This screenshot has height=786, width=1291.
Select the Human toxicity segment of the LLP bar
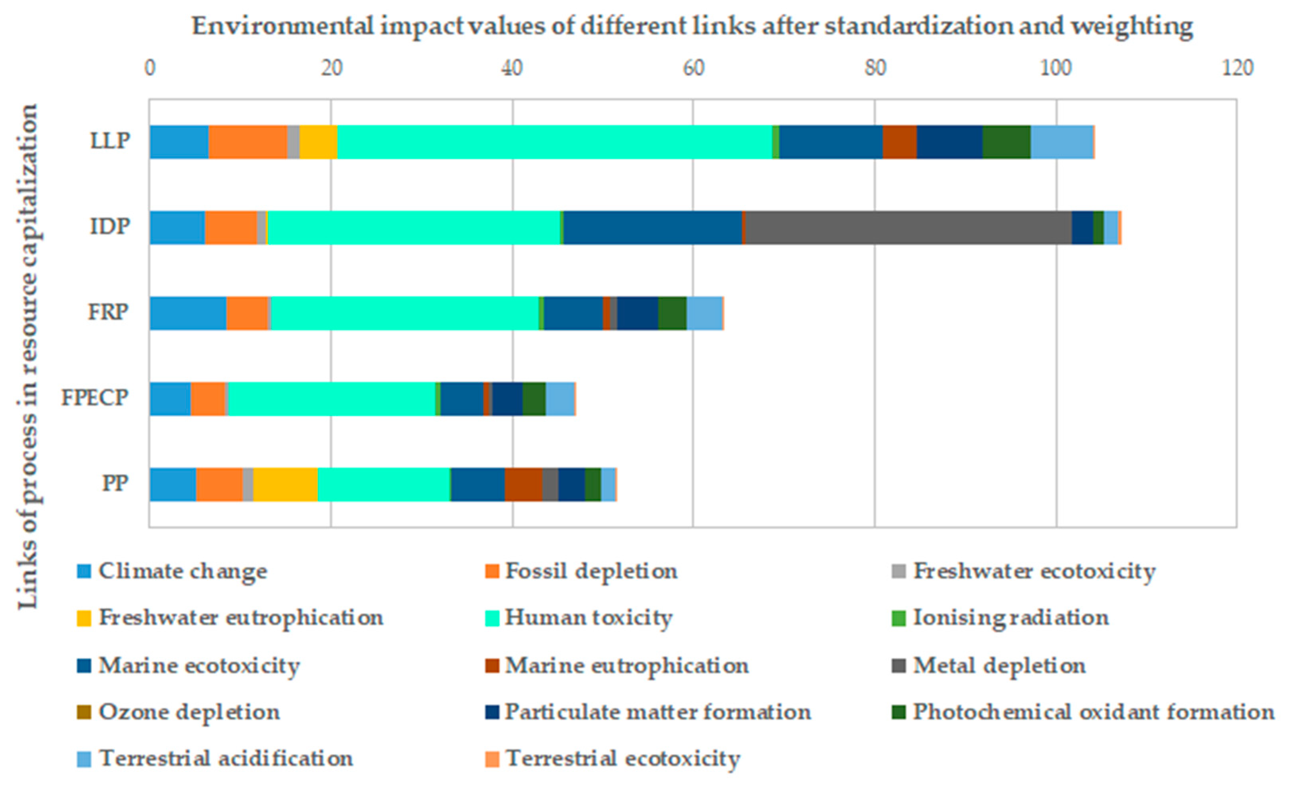point(554,142)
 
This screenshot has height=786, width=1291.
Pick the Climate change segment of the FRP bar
point(187,313)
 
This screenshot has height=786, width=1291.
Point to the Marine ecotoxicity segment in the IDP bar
point(652,227)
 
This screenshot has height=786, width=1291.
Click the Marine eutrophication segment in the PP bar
point(523,485)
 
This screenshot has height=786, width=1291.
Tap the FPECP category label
point(94,398)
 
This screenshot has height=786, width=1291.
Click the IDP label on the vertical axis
point(109,226)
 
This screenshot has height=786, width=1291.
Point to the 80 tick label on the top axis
point(874,68)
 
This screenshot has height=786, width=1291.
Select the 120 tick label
point(1237,68)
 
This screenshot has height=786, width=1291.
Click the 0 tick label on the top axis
point(150,68)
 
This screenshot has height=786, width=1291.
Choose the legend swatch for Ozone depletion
point(84,712)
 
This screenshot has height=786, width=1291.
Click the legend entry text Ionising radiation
point(1011,618)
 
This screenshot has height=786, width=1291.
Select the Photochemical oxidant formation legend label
point(1093,712)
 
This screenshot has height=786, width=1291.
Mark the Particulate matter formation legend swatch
point(492,712)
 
